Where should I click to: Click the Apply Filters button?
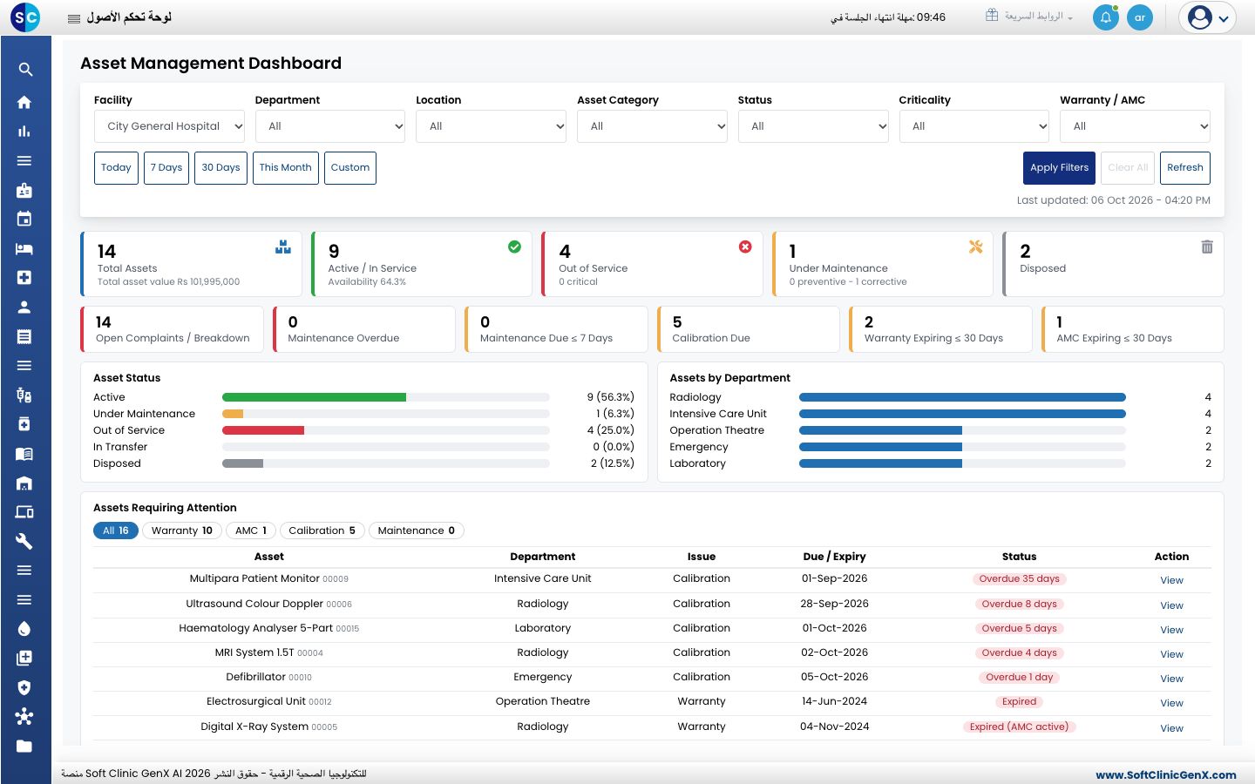coord(1059,167)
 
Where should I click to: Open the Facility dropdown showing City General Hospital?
coord(169,126)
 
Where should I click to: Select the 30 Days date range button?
coord(220,167)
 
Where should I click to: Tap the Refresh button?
coord(1185,167)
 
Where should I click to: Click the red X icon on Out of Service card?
coord(745,247)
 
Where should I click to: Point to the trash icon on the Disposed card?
coord(1207,247)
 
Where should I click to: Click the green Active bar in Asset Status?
coord(314,397)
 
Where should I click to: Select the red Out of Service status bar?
coord(263,430)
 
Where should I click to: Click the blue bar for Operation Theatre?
coord(881,430)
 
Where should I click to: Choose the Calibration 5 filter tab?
coord(322,531)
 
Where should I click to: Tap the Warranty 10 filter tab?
coord(182,531)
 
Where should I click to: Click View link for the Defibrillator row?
coord(1171,678)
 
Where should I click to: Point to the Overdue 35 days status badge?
coord(1019,578)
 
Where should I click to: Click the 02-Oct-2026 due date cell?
coord(834,652)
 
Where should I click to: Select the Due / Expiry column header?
coord(834,556)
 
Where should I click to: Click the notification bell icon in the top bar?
coord(1105,17)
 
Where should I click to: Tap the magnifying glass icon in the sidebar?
coord(24,69)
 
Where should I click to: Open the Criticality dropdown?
coord(973,126)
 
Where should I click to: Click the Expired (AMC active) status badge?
coord(1019,727)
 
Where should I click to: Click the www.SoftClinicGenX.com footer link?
coord(1166,774)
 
